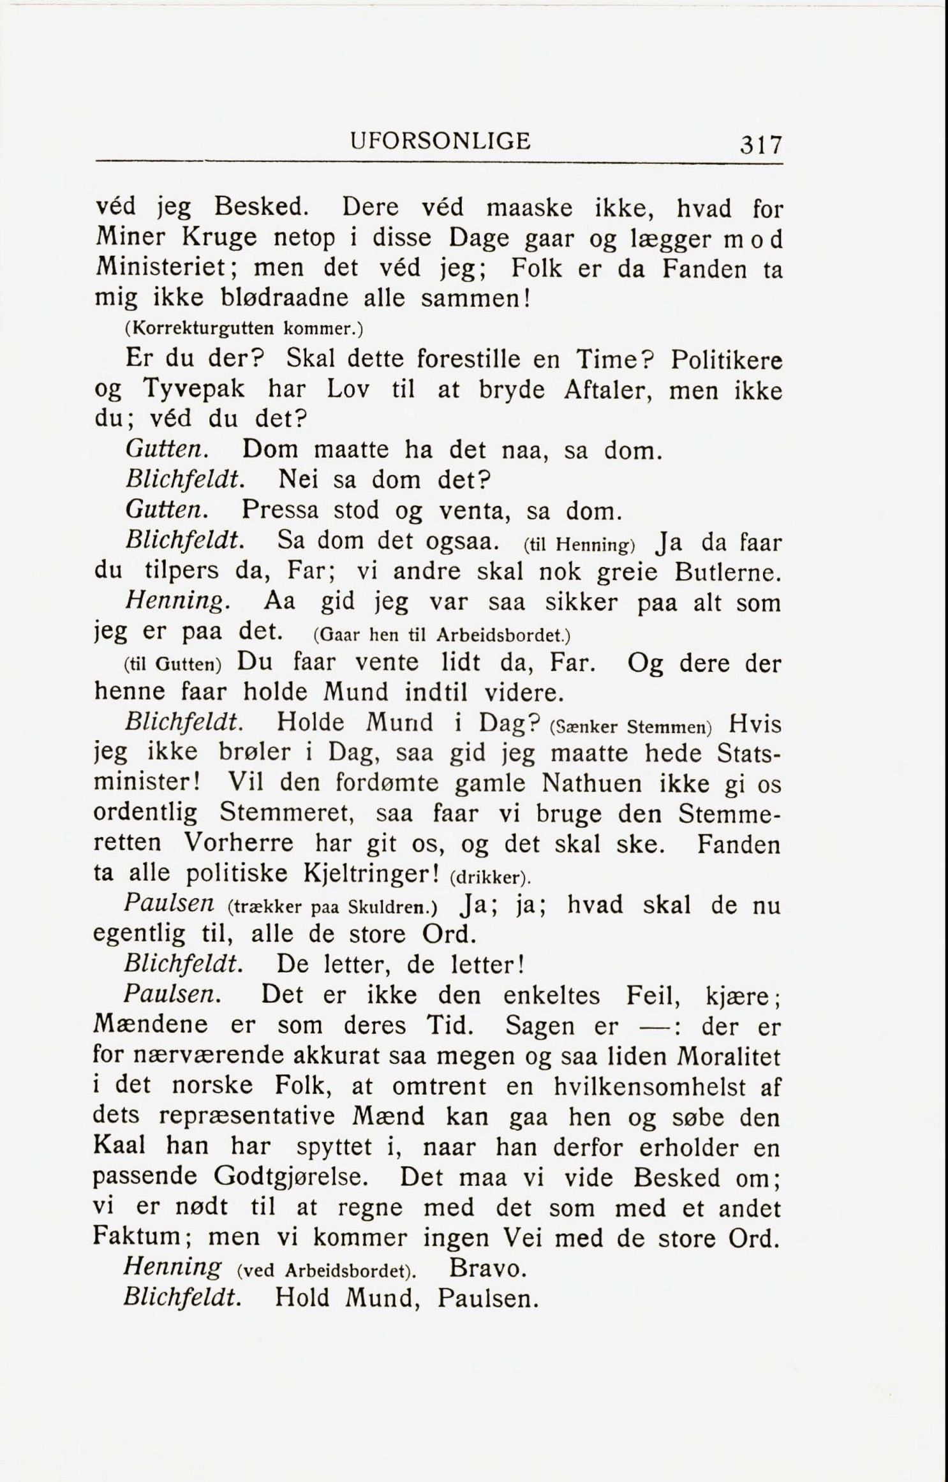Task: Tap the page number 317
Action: [x=760, y=145]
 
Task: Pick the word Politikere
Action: [x=726, y=360]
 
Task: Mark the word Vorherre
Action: [x=239, y=844]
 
